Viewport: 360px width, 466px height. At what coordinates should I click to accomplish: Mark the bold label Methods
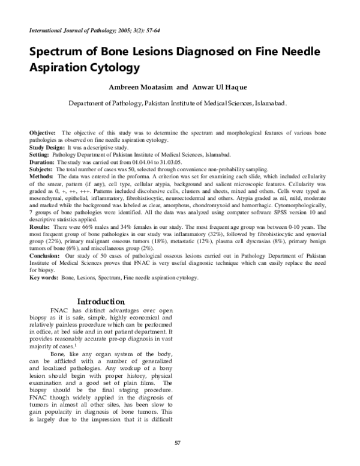41,177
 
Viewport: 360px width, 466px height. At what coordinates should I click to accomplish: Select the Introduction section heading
100,300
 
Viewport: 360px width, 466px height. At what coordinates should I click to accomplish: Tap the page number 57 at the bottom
177,443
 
